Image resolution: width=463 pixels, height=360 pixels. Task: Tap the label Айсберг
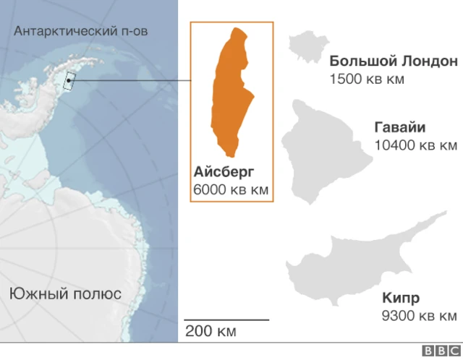(224, 172)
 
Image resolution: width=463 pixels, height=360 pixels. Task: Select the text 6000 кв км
(231, 189)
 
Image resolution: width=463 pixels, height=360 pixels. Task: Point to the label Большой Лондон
(394, 61)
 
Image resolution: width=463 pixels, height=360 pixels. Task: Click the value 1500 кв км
(367, 79)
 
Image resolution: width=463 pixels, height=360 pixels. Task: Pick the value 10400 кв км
(416, 145)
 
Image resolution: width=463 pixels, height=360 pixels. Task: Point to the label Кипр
(400, 298)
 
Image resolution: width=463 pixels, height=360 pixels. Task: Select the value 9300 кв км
(419, 316)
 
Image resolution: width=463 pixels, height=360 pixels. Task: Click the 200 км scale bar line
(226, 320)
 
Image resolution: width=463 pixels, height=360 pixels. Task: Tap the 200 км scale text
(211, 332)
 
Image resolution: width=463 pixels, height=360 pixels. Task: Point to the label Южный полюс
(64, 293)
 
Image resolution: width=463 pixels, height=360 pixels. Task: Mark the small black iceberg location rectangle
(69, 82)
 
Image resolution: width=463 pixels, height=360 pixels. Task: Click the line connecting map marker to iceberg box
(130, 81)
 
